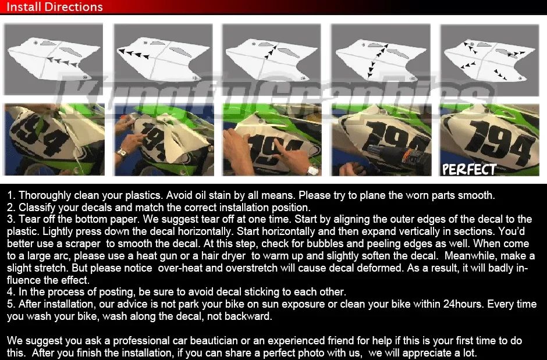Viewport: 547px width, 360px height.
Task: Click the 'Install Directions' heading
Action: click(x=55, y=8)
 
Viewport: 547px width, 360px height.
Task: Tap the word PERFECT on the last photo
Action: click(x=468, y=169)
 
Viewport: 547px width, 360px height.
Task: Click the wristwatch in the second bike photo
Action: click(x=122, y=155)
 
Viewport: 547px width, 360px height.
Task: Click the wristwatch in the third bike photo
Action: click(x=312, y=170)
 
